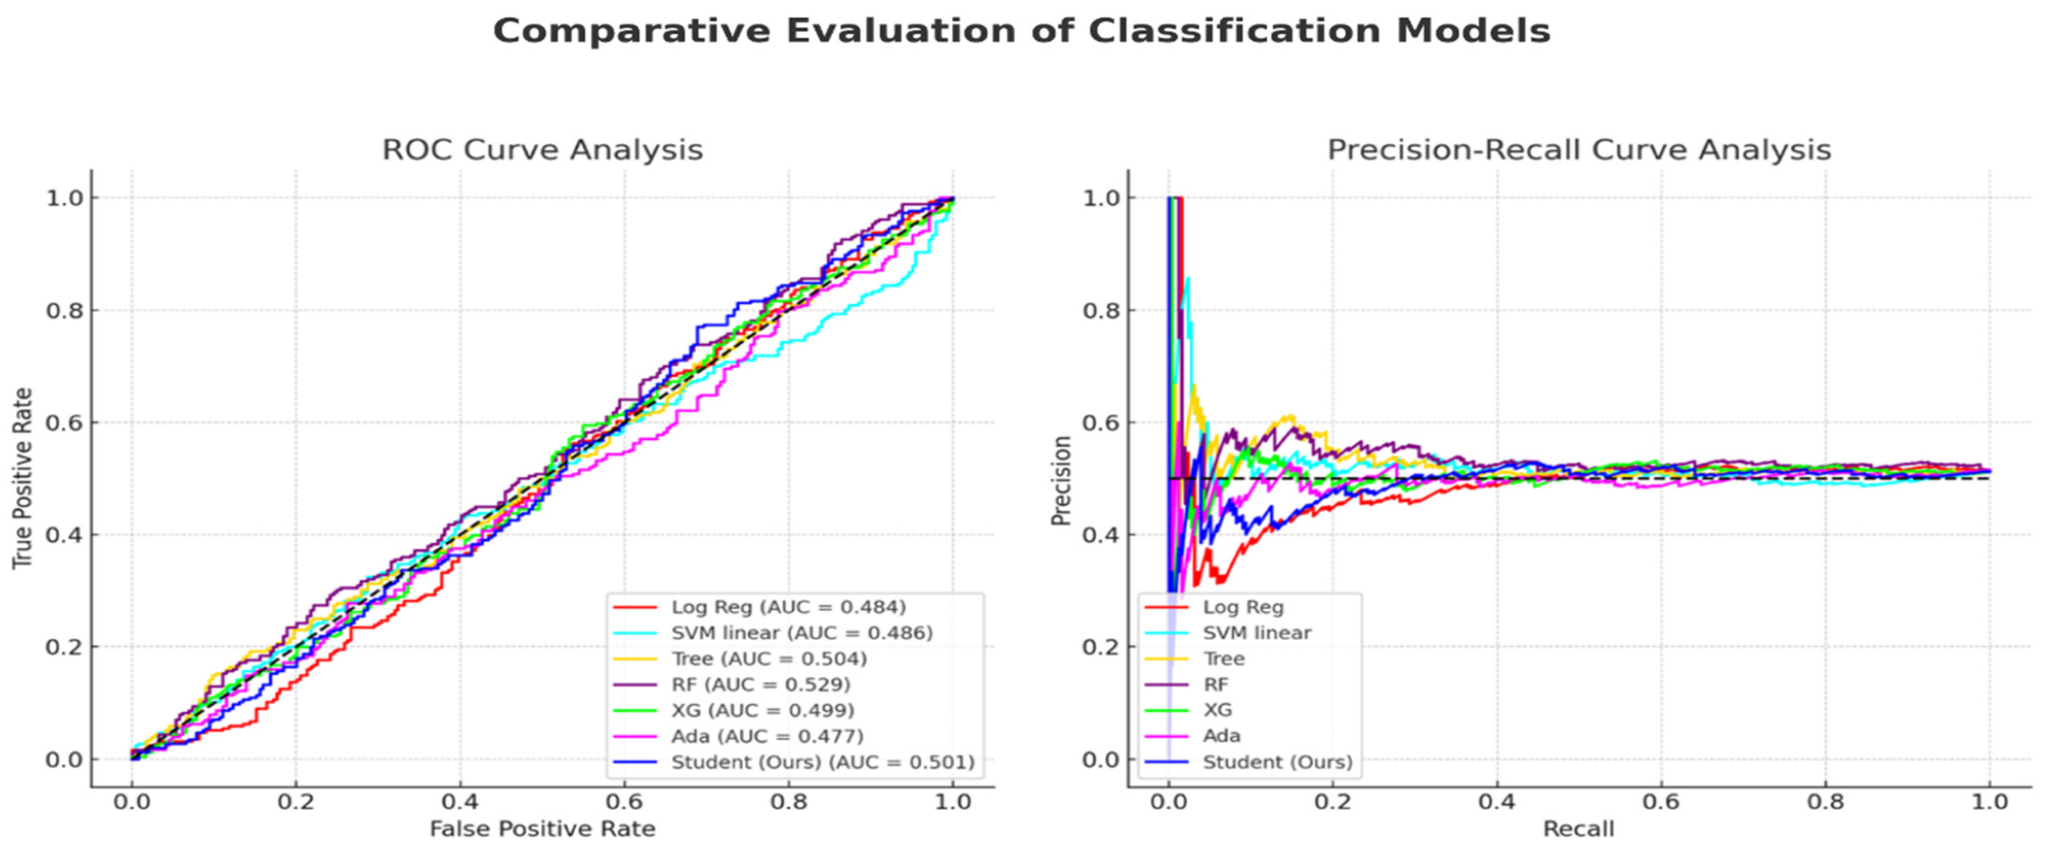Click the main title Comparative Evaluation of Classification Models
tap(1021, 31)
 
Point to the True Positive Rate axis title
tap(23, 478)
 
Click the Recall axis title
tap(1578, 829)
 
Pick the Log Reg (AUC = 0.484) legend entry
tap(787, 608)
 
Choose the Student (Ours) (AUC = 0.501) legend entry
tap(822, 762)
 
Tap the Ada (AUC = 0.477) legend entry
tap(767, 736)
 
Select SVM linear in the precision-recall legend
tap(1257, 633)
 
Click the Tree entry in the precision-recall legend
tap(1223, 659)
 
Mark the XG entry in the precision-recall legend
tap(1218, 710)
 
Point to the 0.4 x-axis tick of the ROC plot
tap(460, 802)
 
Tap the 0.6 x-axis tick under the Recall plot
tap(1661, 802)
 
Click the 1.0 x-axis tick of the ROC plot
tap(952, 802)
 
